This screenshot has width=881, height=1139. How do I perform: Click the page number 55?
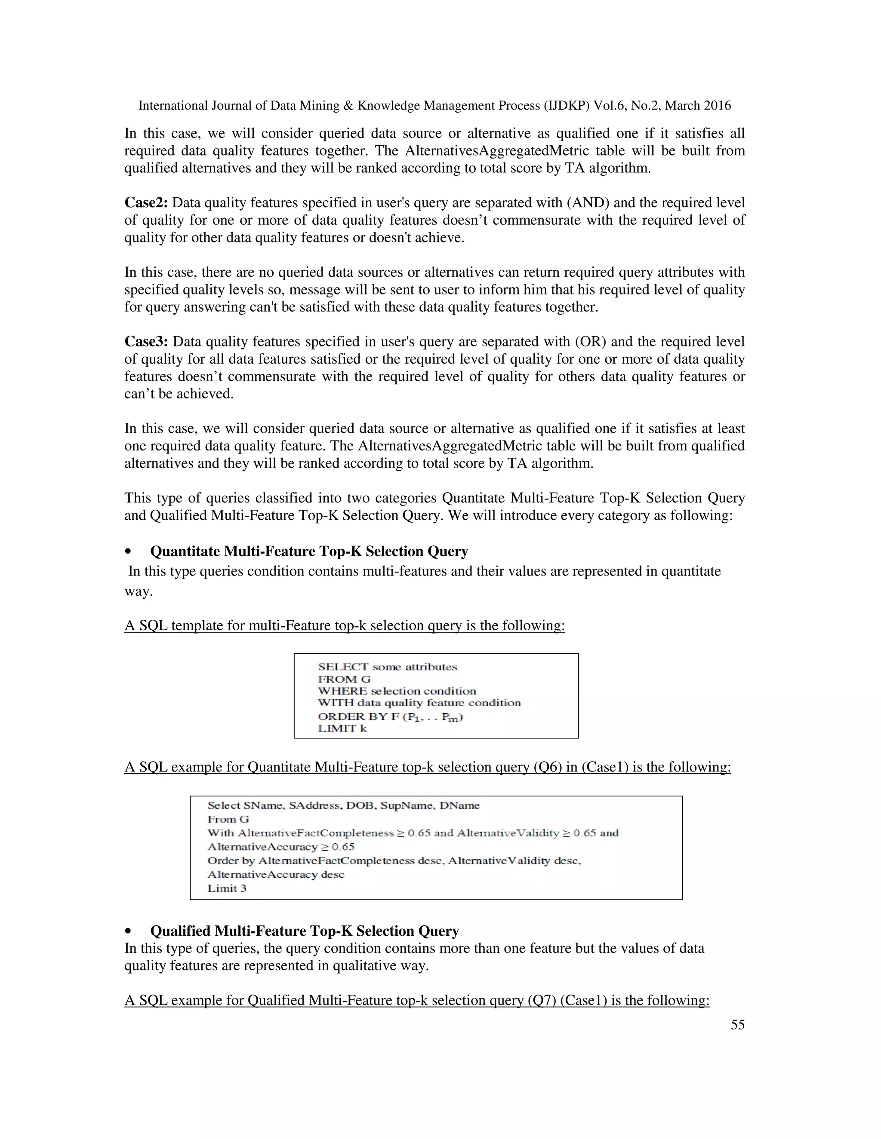tap(737, 1025)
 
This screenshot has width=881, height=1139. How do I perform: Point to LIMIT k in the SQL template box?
tap(342, 729)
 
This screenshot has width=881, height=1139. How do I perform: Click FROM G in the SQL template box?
tap(344, 679)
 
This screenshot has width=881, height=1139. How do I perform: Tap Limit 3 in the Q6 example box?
tap(227, 888)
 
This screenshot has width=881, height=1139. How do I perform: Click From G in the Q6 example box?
tap(228, 819)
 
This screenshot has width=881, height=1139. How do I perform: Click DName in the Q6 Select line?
tap(459, 806)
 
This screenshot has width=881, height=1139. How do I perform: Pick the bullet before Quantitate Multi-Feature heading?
tap(128, 552)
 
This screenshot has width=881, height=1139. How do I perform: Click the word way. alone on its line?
tap(139, 591)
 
